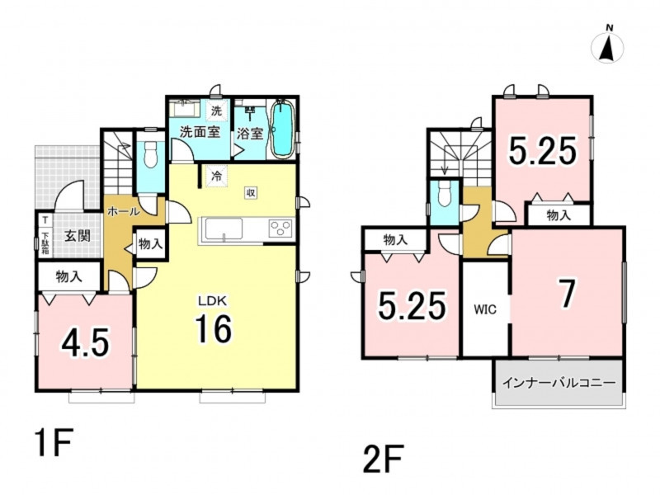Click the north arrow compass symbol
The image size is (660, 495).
click(x=607, y=46)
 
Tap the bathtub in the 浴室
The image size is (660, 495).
click(x=281, y=129)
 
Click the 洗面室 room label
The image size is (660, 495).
click(x=200, y=132)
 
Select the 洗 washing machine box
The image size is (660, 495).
click(x=216, y=111)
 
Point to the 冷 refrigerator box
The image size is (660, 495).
click(x=216, y=176)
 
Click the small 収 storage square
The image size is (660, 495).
click(x=251, y=193)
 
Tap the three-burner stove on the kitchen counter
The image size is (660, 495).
click(x=280, y=229)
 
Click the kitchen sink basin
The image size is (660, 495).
click(x=224, y=230)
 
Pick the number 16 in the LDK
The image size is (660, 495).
click(x=214, y=328)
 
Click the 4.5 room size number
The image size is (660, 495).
click(x=86, y=342)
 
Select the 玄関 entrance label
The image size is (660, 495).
click(x=77, y=236)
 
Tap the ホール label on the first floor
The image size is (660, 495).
click(x=123, y=211)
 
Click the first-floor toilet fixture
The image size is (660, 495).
click(x=150, y=156)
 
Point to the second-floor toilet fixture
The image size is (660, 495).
click(x=444, y=195)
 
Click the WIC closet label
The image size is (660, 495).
click(x=485, y=309)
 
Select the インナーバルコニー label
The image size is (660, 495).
click(x=559, y=383)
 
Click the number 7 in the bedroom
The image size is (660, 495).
click(x=567, y=295)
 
